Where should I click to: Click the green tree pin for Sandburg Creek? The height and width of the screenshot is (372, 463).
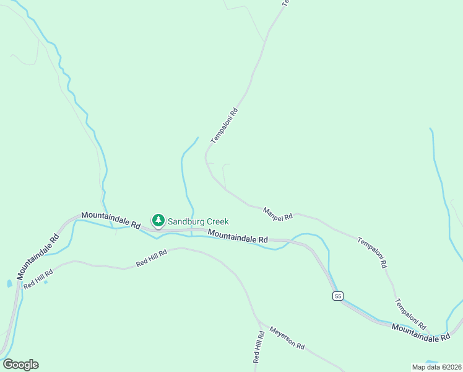(x=158, y=221)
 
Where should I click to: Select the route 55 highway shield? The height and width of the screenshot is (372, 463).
(x=337, y=296)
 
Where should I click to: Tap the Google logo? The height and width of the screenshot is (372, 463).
(x=20, y=365)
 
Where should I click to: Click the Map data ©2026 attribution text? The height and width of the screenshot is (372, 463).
(x=436, y=367)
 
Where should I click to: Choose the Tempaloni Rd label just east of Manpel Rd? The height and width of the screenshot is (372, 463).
(x=372, y=252)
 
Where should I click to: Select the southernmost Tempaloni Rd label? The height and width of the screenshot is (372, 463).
(x=410, y=314)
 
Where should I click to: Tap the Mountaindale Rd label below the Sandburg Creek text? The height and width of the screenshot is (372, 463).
(x=238, y=236)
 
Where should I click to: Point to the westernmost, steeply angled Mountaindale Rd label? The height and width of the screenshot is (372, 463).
(x=37, y=255)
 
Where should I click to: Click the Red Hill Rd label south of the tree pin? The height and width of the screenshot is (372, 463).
(x=152, y=259)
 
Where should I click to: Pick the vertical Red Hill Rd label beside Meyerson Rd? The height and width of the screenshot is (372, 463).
(x=259, y=347)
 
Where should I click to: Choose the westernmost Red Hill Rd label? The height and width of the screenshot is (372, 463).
(x=38, y=280)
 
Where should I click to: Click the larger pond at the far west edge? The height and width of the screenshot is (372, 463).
(x=9, y=284)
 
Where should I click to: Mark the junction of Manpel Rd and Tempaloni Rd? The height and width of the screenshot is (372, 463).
(x=296, y=214)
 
